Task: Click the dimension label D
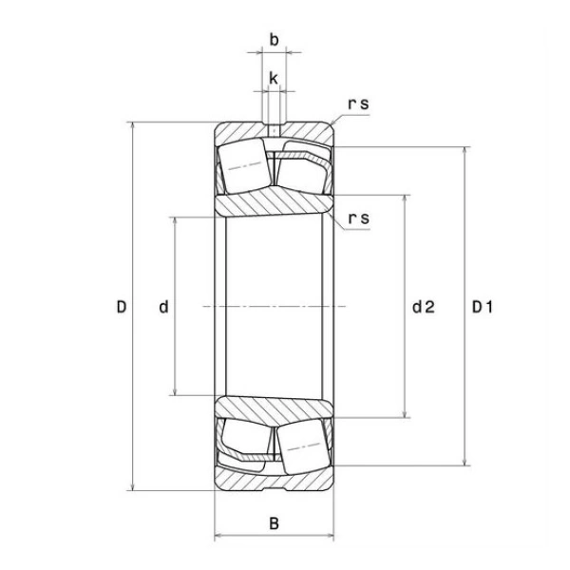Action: tap(122, 307)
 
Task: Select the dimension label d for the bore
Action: tap(164, 307)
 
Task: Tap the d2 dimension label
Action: tap(424, 307)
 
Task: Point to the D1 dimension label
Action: tap(482, 307)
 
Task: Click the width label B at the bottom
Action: tap(275, 523)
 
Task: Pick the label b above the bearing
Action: tap(275, 39)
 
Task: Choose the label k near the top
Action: tap(274, 78)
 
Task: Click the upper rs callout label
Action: tap(358, 104)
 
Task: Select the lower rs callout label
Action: tap(358, 218)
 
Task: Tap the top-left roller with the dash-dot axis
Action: tap(244, 165)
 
